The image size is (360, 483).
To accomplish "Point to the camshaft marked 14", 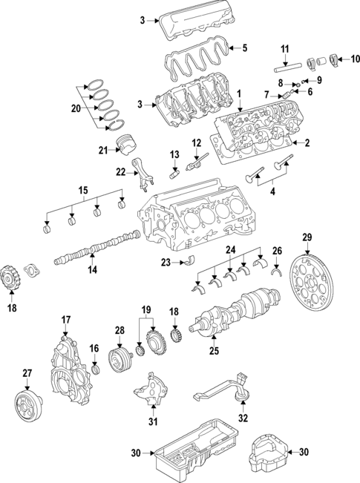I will coord(96,249).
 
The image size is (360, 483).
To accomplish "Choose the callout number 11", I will coord(285,49).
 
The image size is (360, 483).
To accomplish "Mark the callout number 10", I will coord(355,58).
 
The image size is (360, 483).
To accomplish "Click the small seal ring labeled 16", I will coord(95,369).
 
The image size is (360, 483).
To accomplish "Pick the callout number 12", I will coord(197,142).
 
